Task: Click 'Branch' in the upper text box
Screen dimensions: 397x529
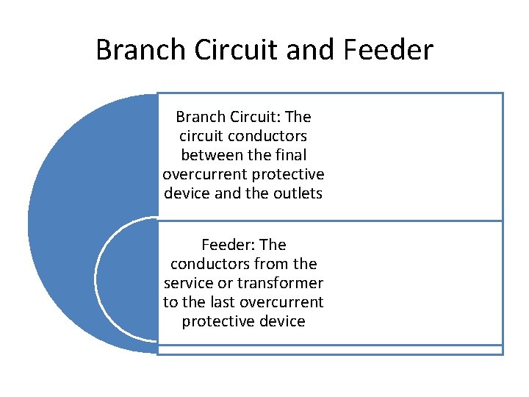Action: [201, 117]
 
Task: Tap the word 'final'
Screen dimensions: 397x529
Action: [289, 155]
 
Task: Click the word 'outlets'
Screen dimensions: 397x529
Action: [298, 193]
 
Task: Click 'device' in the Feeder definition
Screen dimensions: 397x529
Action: [281, 321]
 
